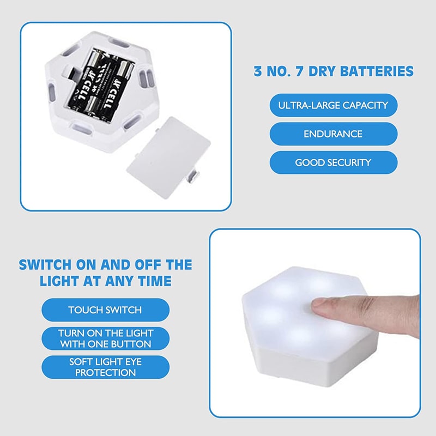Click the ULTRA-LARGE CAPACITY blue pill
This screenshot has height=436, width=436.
coord(334,105)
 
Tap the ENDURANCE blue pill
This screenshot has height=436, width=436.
coord(334,134)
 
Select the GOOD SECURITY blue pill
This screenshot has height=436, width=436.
coord(334,162)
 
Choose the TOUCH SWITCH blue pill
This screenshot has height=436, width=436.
coord(105,310)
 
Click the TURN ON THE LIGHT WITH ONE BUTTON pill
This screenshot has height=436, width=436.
coord(105,338)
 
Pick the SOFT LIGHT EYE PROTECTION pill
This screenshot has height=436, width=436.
coord(105,367)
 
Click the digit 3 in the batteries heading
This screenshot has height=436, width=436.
coord(258,71)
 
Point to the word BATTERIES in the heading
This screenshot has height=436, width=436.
coord(377,71)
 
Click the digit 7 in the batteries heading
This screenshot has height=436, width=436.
coord(299,71)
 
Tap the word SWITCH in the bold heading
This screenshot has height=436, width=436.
coord(45,265)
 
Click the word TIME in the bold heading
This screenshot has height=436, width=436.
coord(155,281)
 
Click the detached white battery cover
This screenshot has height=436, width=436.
coord(168,156)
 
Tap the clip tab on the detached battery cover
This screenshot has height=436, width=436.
coord(194,178)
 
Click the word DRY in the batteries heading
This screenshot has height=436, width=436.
coord(321,71)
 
